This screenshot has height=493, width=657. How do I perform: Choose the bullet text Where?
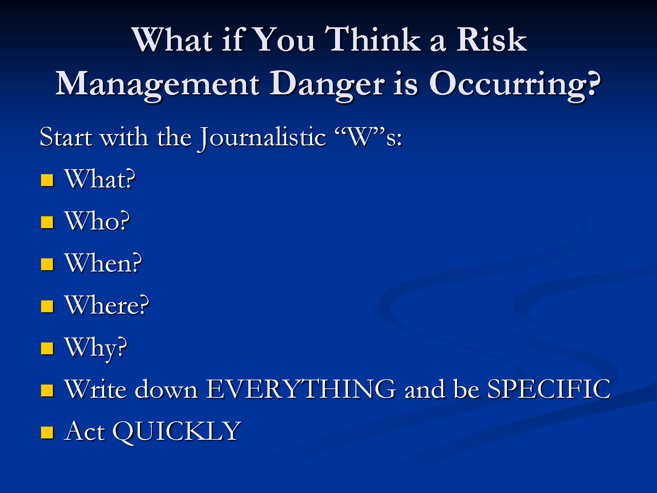106,305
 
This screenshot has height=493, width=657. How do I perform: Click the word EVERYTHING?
301,389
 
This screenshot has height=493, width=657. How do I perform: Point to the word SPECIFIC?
549,389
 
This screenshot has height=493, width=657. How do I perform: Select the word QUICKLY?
177,432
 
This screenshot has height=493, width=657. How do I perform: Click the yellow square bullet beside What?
47,180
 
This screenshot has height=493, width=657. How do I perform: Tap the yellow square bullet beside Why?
47,348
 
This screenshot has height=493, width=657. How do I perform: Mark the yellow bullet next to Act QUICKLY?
47,433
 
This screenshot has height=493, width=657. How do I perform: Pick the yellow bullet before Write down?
47,390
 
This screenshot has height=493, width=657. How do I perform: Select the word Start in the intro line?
66,137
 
